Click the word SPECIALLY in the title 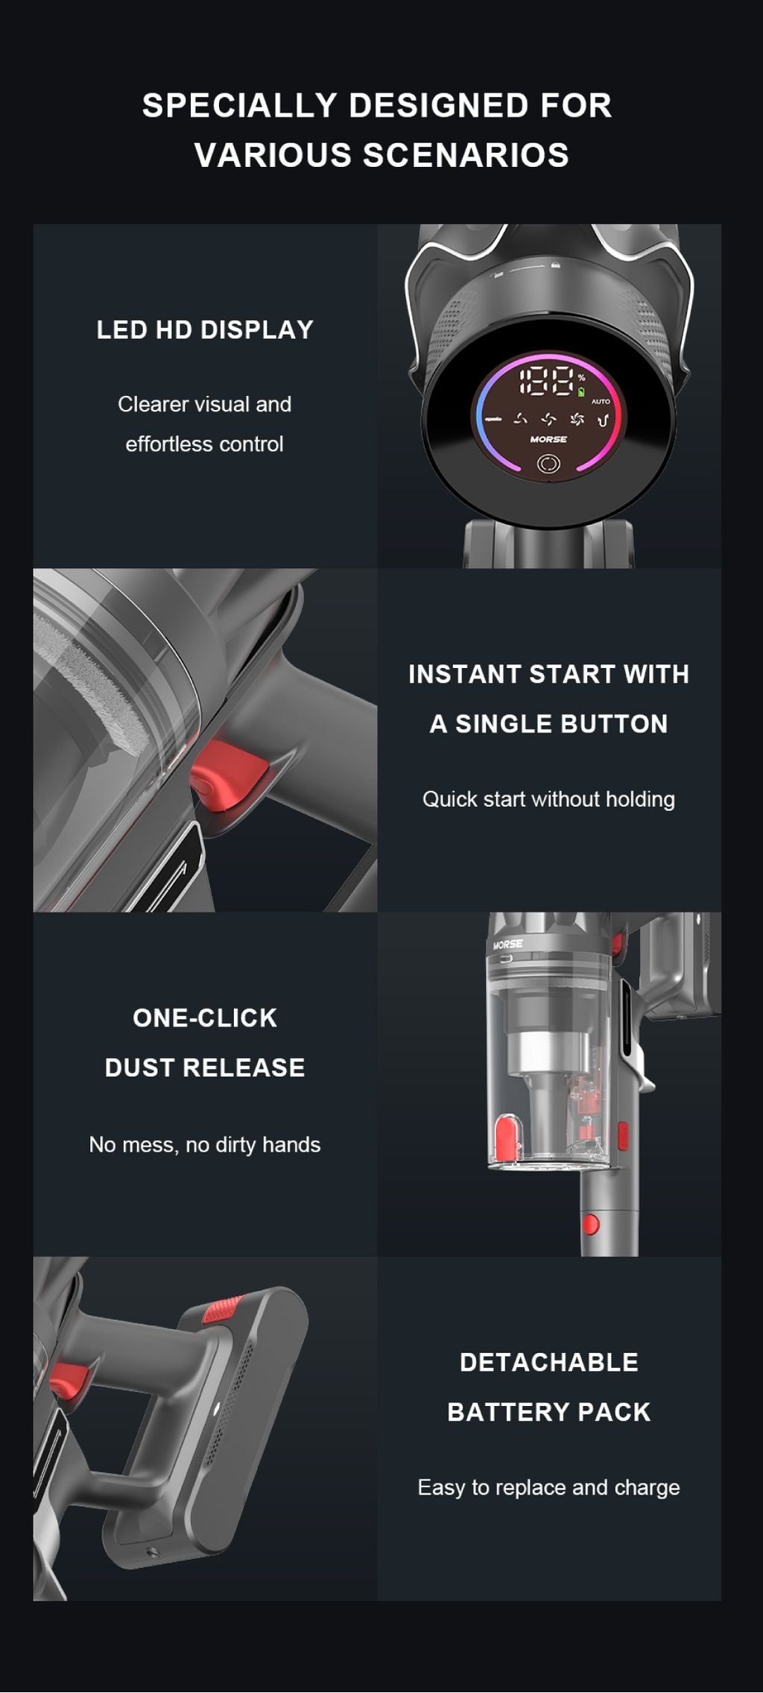coord(240,106)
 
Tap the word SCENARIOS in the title coord(466,156)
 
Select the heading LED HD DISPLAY coord(205,330)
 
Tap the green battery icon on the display coord(581,391)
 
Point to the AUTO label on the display coord(601,401)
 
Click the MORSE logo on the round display coord(548,439)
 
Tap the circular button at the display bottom coord(548,464)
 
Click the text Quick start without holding coord(548,799)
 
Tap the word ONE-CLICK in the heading coord(205,1018)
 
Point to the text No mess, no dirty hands coord(205,1144)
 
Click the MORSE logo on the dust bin coord(508,945)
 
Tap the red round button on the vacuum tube coord(591,1223)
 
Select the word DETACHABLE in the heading coord(549,1362)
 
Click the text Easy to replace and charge coord(548,1487)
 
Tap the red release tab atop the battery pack coord(222,1310)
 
